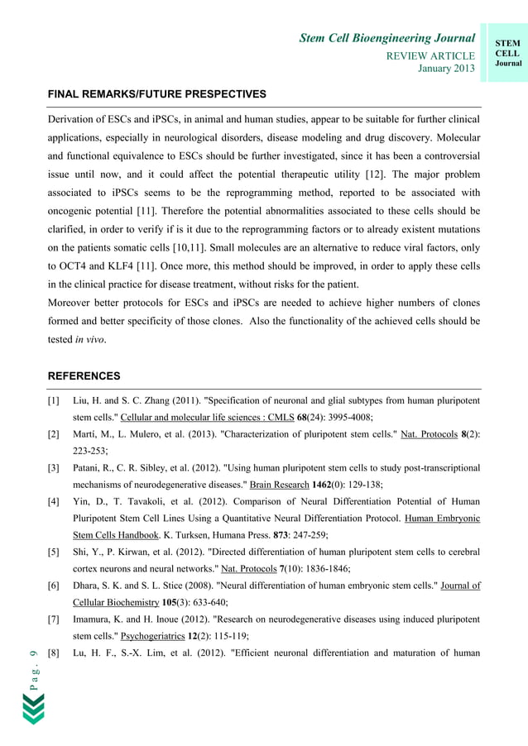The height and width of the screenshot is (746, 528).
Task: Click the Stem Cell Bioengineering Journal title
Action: pos(386,38)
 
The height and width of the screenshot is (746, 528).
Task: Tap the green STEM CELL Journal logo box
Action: pos(507,51)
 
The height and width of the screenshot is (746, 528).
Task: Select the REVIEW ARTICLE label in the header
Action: pos(430,55)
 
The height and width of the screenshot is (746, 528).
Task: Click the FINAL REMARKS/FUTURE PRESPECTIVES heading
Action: pos(156,94)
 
